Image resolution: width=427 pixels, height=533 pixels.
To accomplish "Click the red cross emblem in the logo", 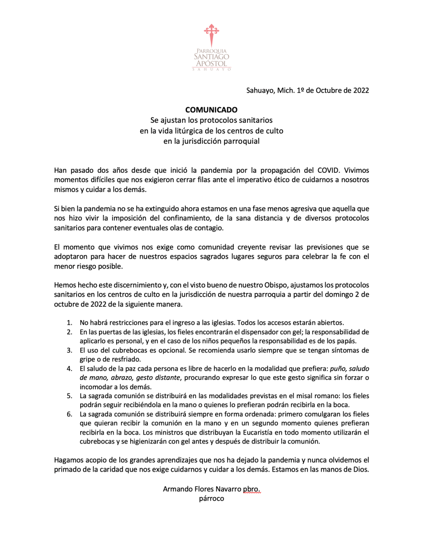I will [211, 34].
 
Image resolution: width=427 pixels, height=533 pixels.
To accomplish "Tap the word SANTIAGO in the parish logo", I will [211, 56].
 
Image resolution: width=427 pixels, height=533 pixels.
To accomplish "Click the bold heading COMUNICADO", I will [211, 110].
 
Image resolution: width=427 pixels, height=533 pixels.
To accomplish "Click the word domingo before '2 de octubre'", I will [343, 295].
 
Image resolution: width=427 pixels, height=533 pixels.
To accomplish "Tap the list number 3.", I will [69, 350].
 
